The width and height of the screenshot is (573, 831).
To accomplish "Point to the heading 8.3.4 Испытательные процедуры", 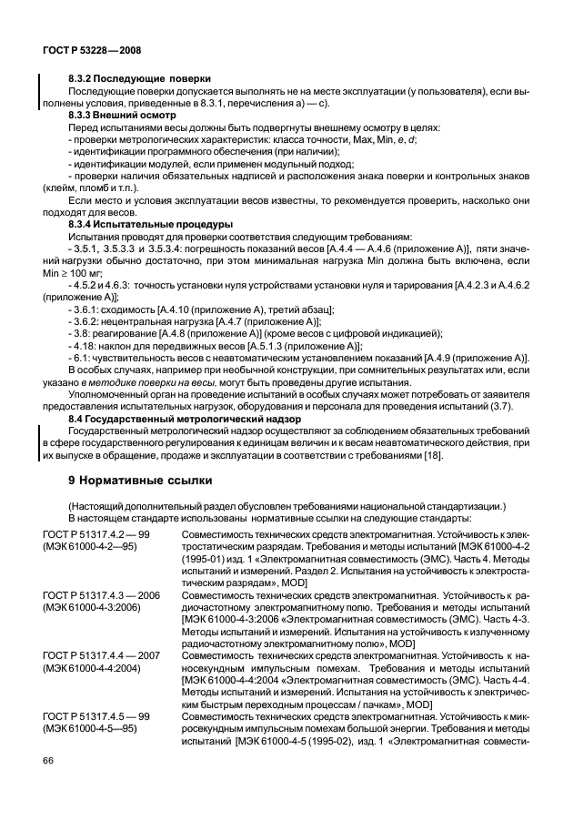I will (150, 223).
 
